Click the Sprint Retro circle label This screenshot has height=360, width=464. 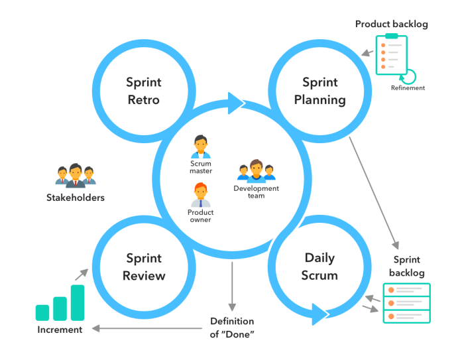click(144, 91)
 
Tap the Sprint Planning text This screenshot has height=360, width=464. click(320, 91)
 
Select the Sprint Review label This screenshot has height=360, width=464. click(144, 267)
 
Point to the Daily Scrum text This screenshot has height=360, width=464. click(320, 267)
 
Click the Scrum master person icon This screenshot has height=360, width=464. click(200, 146)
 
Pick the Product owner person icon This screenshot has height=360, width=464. click(200, 195)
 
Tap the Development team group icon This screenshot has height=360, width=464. click(256, 170)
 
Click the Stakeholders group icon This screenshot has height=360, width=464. click(75, 174)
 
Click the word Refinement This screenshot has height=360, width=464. click(408, 88)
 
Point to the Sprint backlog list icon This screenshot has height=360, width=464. click(406, 303)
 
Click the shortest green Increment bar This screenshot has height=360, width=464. click(43, 312)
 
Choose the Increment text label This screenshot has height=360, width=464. click(60, 330)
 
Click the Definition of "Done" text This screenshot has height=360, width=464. click(232, 328)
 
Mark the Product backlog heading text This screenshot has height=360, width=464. click(391, 24)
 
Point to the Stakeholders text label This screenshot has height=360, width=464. click(75, 197)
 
